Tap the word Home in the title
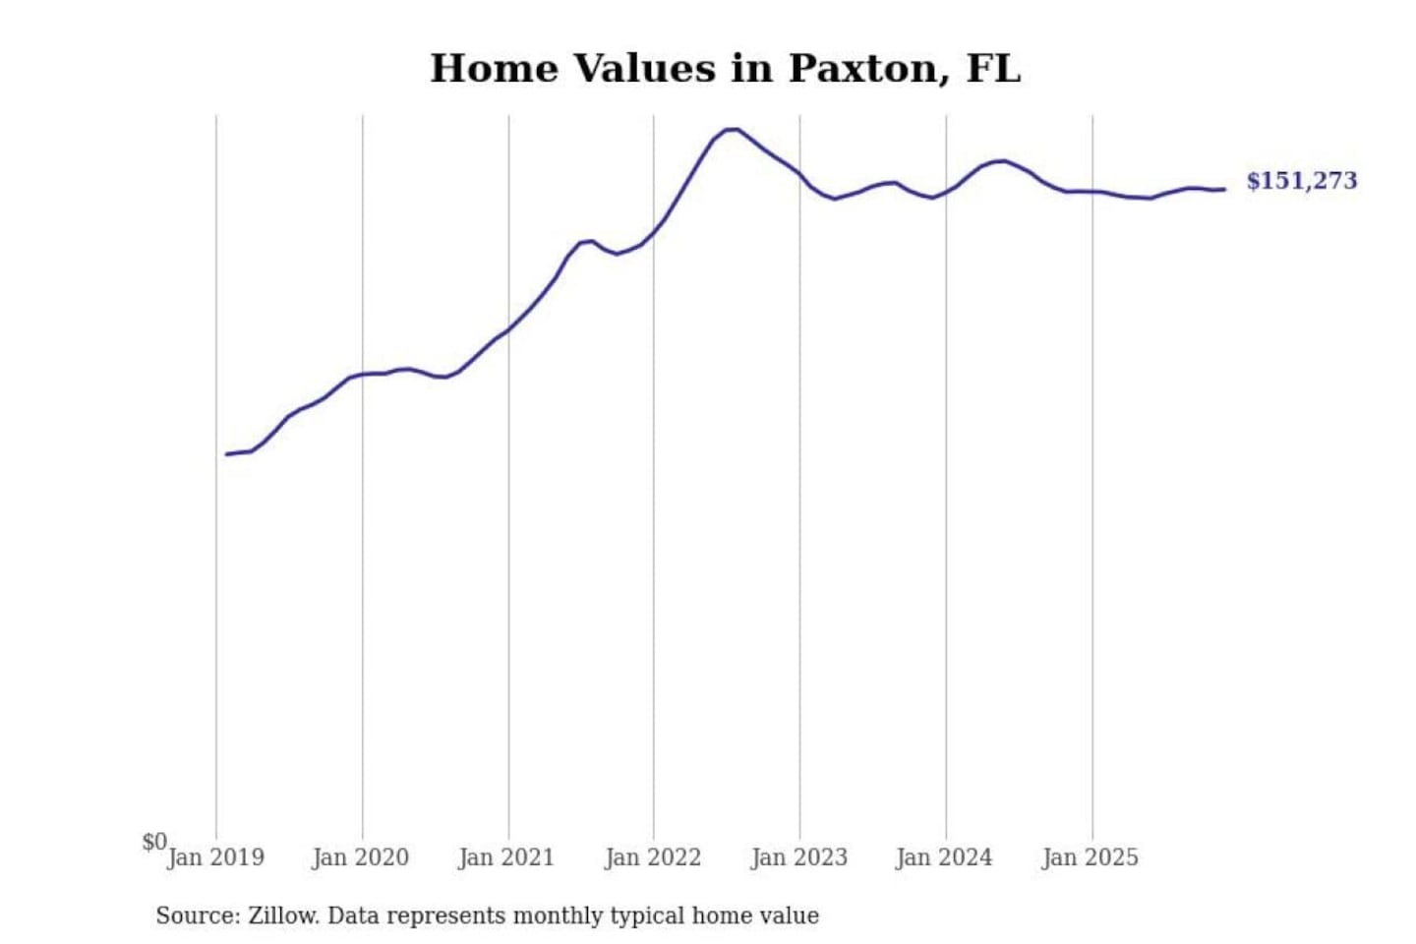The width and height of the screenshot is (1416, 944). pos(495,69)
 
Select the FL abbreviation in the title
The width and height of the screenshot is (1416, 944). pos(993,69)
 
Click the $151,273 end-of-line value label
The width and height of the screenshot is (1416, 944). pos(1301,181)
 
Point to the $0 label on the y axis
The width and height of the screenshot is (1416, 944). pos(154,842)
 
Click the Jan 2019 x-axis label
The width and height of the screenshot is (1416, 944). pos(215,857)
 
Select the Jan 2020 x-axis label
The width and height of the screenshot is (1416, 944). pos(360,857)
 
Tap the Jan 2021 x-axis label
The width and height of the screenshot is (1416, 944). pos(506,857)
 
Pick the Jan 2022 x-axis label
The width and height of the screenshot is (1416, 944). pos(653,857)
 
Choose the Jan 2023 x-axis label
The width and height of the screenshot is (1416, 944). pos(798,857)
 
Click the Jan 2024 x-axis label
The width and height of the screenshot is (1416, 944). pos(944,857)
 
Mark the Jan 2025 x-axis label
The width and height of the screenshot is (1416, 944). pos(1090,857)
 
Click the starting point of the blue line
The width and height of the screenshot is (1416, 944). pos(227,454)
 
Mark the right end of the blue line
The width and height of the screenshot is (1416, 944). pos(1224,189)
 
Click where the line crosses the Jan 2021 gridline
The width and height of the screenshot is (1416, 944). pos(508,328)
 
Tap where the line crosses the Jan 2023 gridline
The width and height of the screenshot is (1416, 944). pos(799,175)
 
